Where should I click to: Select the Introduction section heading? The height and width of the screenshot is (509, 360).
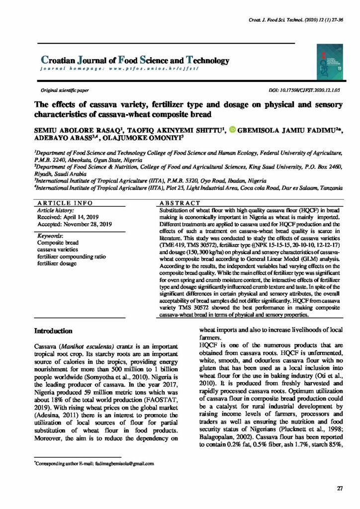[x=54, y=331]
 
